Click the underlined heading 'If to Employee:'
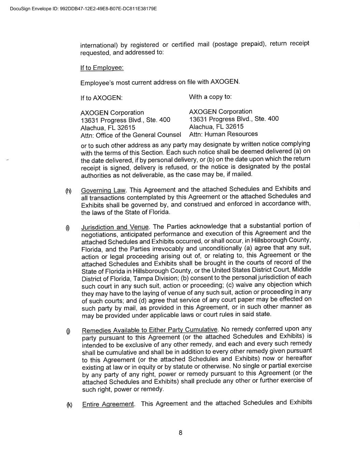(102, 68)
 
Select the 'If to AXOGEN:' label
(101, 98)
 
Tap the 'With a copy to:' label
(210, 97)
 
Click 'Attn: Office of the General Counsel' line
(131, 135)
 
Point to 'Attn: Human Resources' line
(223, 134)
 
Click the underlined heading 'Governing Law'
(103, 190)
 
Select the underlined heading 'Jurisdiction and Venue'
(115, 227)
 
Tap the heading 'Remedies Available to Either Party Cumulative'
(150, 330)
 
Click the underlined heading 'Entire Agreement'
(108, 405)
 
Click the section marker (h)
(68, 191)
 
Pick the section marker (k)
(69, 405)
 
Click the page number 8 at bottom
(180, 433)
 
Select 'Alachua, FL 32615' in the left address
(107, 128)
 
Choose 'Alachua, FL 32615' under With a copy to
(216, 126)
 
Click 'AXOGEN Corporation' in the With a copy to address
(220, 112)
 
